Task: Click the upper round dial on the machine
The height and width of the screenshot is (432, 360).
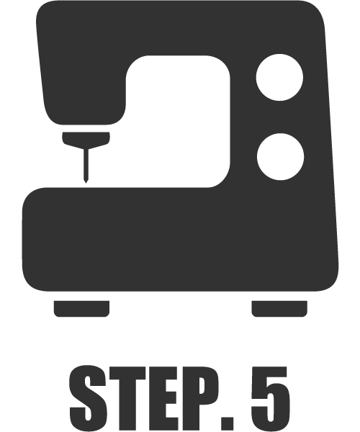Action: point(279,78)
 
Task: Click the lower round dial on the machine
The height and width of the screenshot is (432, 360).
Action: point(280,157)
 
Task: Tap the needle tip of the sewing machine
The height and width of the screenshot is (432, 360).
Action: point(86,183)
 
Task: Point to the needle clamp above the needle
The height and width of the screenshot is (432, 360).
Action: point(86,140)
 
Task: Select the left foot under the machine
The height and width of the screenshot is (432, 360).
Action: point(81,309)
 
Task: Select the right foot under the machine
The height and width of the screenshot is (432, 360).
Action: point(279,309)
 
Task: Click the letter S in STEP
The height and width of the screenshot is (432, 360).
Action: point(88,398)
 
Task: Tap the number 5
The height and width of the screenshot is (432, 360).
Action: point(270,399)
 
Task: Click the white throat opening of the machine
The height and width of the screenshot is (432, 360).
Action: point(178,121)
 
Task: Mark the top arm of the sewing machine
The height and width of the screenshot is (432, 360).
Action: point(179,27)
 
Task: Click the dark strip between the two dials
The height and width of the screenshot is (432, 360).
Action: point(280,117)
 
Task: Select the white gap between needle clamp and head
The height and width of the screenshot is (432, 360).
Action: point(86,128)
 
